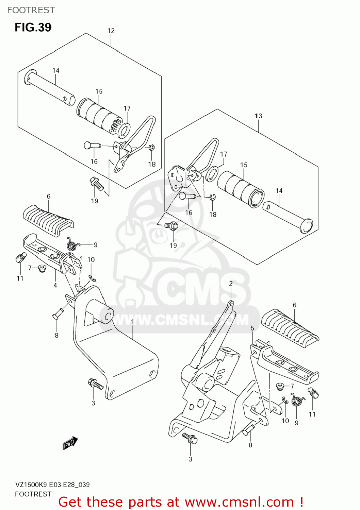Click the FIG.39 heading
tap(33, 27)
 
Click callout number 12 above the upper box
tap(111, 31)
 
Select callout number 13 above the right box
tap(258, 116)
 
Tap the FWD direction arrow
tap(70, 443)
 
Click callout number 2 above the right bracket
tap(231, 284)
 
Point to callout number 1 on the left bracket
tap(132, 321)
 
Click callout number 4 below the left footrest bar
tap(55, 285)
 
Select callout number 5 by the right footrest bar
tap(252, 328)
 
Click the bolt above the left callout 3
tap(95, 384)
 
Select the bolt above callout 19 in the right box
tap(171, 225)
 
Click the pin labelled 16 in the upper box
tap(91, 146)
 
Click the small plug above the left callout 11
tap(20, 257)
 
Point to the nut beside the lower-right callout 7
tap(280, 386)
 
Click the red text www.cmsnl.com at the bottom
tap(239, 502)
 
